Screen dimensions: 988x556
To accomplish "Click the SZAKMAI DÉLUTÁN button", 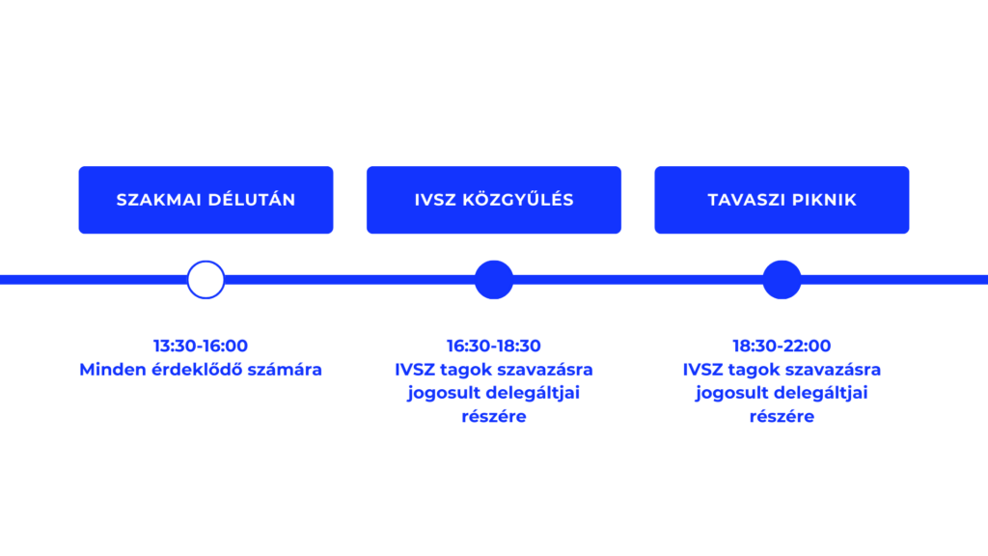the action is pyautogui.click(x=206, y=200).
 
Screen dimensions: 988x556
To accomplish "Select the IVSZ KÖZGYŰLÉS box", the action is pyautogui.click(x=493, y=200).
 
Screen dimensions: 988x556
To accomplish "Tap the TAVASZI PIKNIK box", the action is pyautogui.click(x=782, y=200).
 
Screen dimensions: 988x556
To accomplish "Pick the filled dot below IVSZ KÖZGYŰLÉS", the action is pyautogui.click(x=493, y=279).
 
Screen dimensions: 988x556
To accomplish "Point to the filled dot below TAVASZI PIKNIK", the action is pyautogui.click(x=782, y=279).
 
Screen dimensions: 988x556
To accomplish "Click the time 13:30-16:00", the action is pyautogui.click(x=201, y=346).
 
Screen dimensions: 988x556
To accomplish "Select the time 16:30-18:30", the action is pyautogui.click(x=493, y=346).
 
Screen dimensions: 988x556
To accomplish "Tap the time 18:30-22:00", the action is pyautogui.click(x=782, y=346).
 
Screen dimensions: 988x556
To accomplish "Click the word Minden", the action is pyautogui.click(x=114, y=370).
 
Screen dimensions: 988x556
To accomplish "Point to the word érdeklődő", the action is pyautogui.click(x=197, y=370).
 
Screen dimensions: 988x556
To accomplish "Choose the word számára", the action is pyautogui.click(x=285, y=370).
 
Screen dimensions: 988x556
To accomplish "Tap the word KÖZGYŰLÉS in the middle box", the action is pyautogui.click(x=518, y=199).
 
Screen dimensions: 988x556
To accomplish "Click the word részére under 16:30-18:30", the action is pyautogui.click(x=493, y=416).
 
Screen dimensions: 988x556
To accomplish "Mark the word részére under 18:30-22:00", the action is pyautogui.click(x=782, y=416).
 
